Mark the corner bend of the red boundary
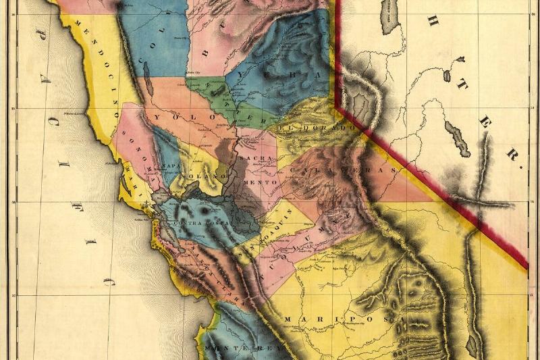(340, 105)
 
